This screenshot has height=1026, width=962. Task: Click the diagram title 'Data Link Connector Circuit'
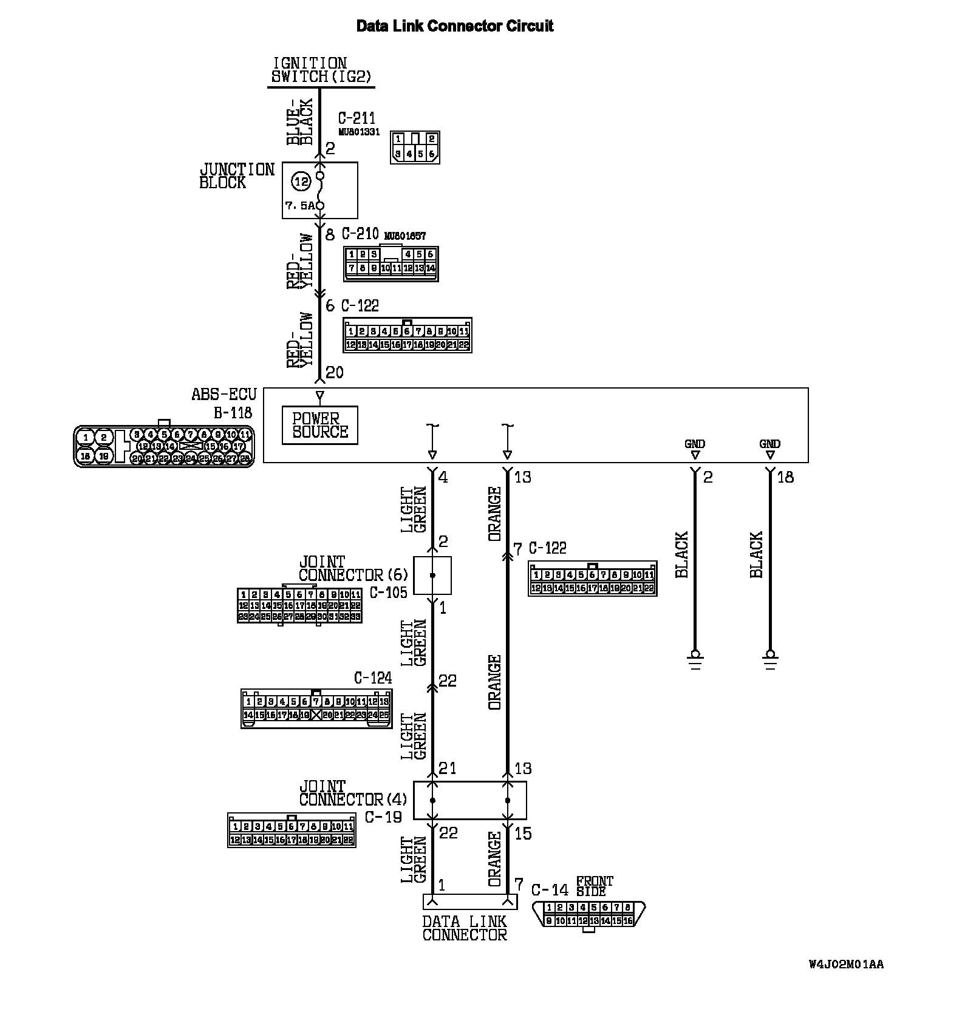[454, 26]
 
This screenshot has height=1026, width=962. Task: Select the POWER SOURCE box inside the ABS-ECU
[320, 425]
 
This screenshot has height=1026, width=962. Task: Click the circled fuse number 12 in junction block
[301, 181]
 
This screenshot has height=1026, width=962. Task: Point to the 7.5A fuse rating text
[300, 206]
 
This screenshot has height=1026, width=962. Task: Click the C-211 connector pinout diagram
[415, 148]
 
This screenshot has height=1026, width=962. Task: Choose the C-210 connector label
[360, 234]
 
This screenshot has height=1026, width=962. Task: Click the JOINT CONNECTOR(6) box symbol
[432, 575]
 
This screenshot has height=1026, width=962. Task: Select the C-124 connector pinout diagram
[316, 708]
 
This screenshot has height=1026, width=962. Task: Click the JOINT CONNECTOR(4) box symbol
[470, 800]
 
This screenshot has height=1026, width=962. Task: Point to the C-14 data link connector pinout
[588, 914]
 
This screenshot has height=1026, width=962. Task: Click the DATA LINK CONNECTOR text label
[465, 928]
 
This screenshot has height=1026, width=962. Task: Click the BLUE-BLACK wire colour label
[300, 121]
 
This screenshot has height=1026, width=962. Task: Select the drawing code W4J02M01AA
[846, 965]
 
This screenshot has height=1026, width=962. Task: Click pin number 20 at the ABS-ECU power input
[335, 372]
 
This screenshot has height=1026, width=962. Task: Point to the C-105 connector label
[388, 593]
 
